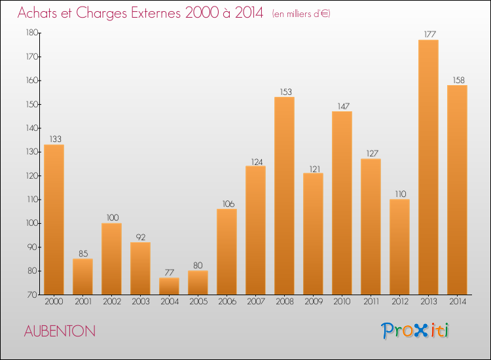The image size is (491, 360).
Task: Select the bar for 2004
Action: pyautogui.click(x=169, y=286)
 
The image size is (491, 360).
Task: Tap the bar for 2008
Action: pyautogui.click(x=284, y=196)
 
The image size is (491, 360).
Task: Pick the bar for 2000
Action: pyautogui.click(x=54, y=219)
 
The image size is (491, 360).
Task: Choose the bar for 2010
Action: pyautogui.click(x=342, y=203)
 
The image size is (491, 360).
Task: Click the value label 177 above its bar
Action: pyautogui.click(x=428, y=34)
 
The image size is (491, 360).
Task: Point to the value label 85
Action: pyautogui.click(x=82, y=253)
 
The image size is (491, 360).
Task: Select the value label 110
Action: pyautogui.click(x=399, y=194)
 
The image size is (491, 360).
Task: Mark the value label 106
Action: pyautogui.click(x=227, y=204)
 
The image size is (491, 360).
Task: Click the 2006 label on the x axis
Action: pyautogui.click(x=227, y=302)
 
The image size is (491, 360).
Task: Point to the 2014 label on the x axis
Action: pyautogui.click(x=457, y=302)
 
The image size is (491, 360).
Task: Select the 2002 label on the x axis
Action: pyautogui.click(x=111, y=302)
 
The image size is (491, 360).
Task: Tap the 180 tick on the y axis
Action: pyautogui.click(x=31, y=33)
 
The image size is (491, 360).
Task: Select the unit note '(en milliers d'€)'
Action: pyautogui.click(x=301, y=14)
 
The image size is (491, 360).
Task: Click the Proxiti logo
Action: pyautogui.click(x=415, y=331)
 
